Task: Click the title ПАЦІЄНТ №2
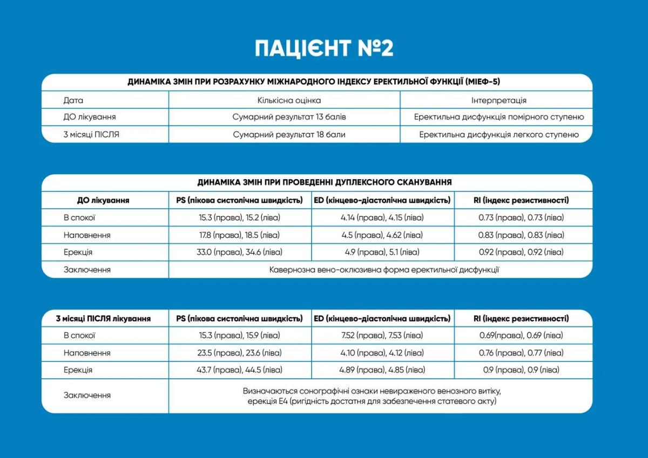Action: click(x=324, y=47)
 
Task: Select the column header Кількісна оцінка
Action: click(x=289, y=100)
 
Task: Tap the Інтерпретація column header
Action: click(x=498, y=100)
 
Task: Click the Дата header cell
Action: click(x=73, y=100)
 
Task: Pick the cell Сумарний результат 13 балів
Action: click(x=289, y=117)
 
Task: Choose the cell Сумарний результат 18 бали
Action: click(x=289, y=134)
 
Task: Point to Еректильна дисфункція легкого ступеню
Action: click(x=498, y=134)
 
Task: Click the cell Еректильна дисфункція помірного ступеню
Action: click(x=498, y=117)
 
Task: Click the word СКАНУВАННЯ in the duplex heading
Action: click(x=419, y=182)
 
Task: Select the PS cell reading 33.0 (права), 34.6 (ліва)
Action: click(x=240, y=252)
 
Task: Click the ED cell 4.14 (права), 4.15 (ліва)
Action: click(x=383, y=217)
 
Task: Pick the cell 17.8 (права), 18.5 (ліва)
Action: click(x=240, y=235)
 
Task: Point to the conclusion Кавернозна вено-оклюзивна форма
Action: click(x=384, y=269)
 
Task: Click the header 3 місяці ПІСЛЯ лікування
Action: click(x=103, y=318)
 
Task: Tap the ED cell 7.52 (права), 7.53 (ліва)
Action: click(x=382, y=336)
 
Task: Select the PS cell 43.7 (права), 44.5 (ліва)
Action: click(x=240, y=370)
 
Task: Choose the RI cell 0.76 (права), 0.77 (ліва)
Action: click(x=521, y=353)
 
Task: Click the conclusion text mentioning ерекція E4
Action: click(x=372, y=401)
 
